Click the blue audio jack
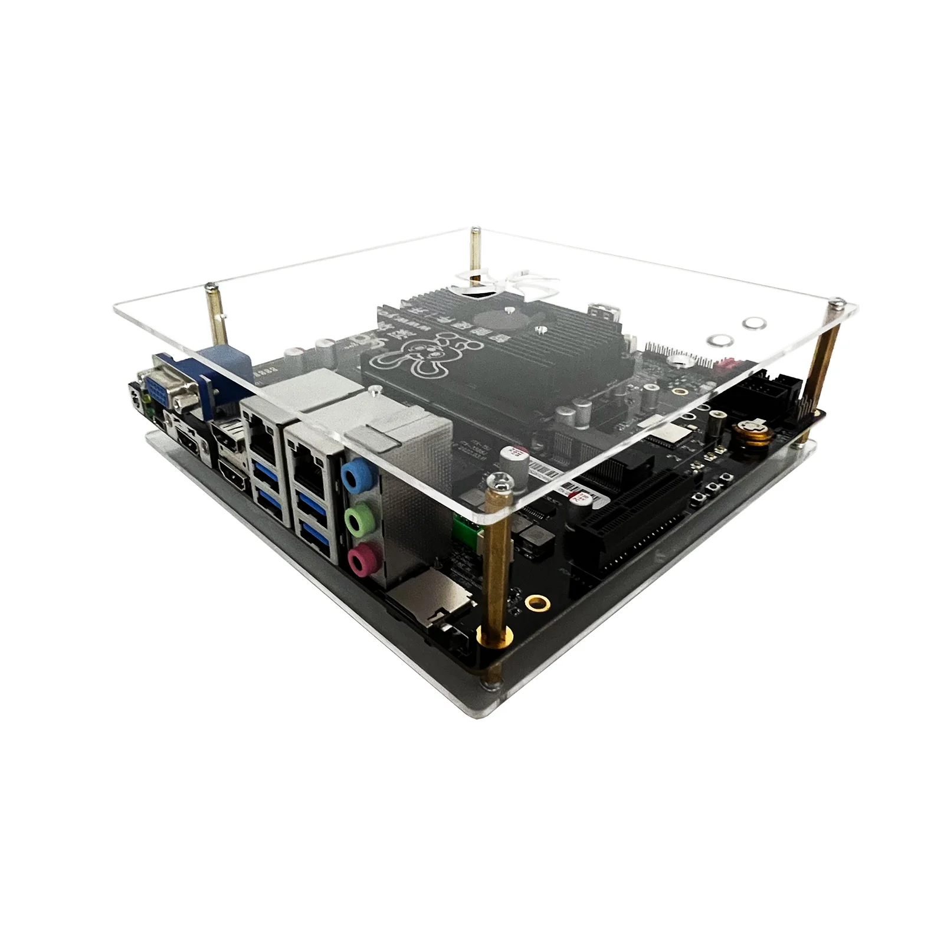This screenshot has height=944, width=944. click(355, 474)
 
